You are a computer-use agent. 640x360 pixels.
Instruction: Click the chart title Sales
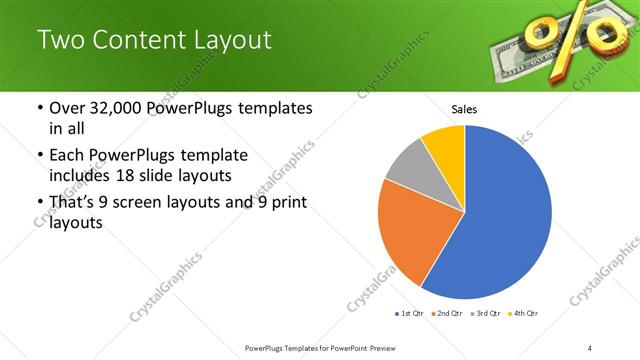(464, 108)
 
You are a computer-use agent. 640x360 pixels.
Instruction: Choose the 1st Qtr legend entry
(409, 314)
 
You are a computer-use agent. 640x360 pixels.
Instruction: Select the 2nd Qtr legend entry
(447, 314)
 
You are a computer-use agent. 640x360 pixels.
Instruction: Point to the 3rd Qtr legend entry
(485, 314)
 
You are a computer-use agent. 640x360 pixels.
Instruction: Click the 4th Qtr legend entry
(523, 314)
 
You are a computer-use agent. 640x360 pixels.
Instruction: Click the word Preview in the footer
(390, 347)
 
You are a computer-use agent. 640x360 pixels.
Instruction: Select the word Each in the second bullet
(67, 156)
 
